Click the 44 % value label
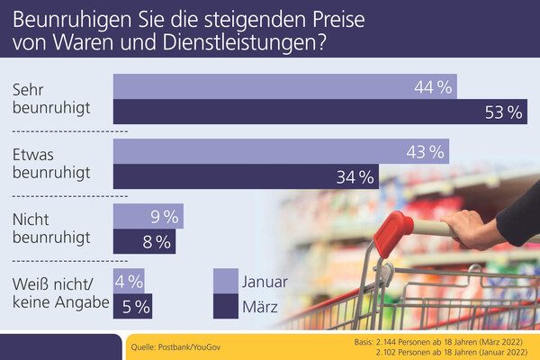pyautogui.click(x=432, y=87)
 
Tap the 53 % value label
pyautogui.click(x=502, y=112)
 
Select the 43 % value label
pyautogui.click(x=426, y=151)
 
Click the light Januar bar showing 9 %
pyautogui.click(x=148, y=216)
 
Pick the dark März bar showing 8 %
pyautogui.click(x=144, y=241)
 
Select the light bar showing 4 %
pyautogui.click(x=128, y=281)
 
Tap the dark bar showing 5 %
pyautogui.click(x=131, y=306)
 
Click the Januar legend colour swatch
pyautogui.click(x=226, y=281)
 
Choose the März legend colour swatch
pyautogui.click(x=226, y=306)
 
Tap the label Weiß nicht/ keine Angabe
pyautogui.click(x=61, y=292)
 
